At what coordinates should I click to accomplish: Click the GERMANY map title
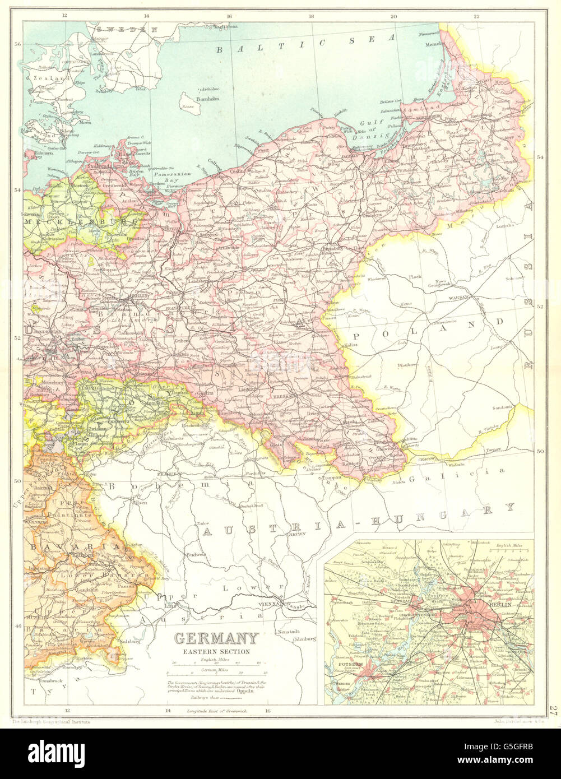pyautogui.click(x=217, y=638)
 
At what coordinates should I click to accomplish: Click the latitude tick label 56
pyautogui.click(x=17, y=45)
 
